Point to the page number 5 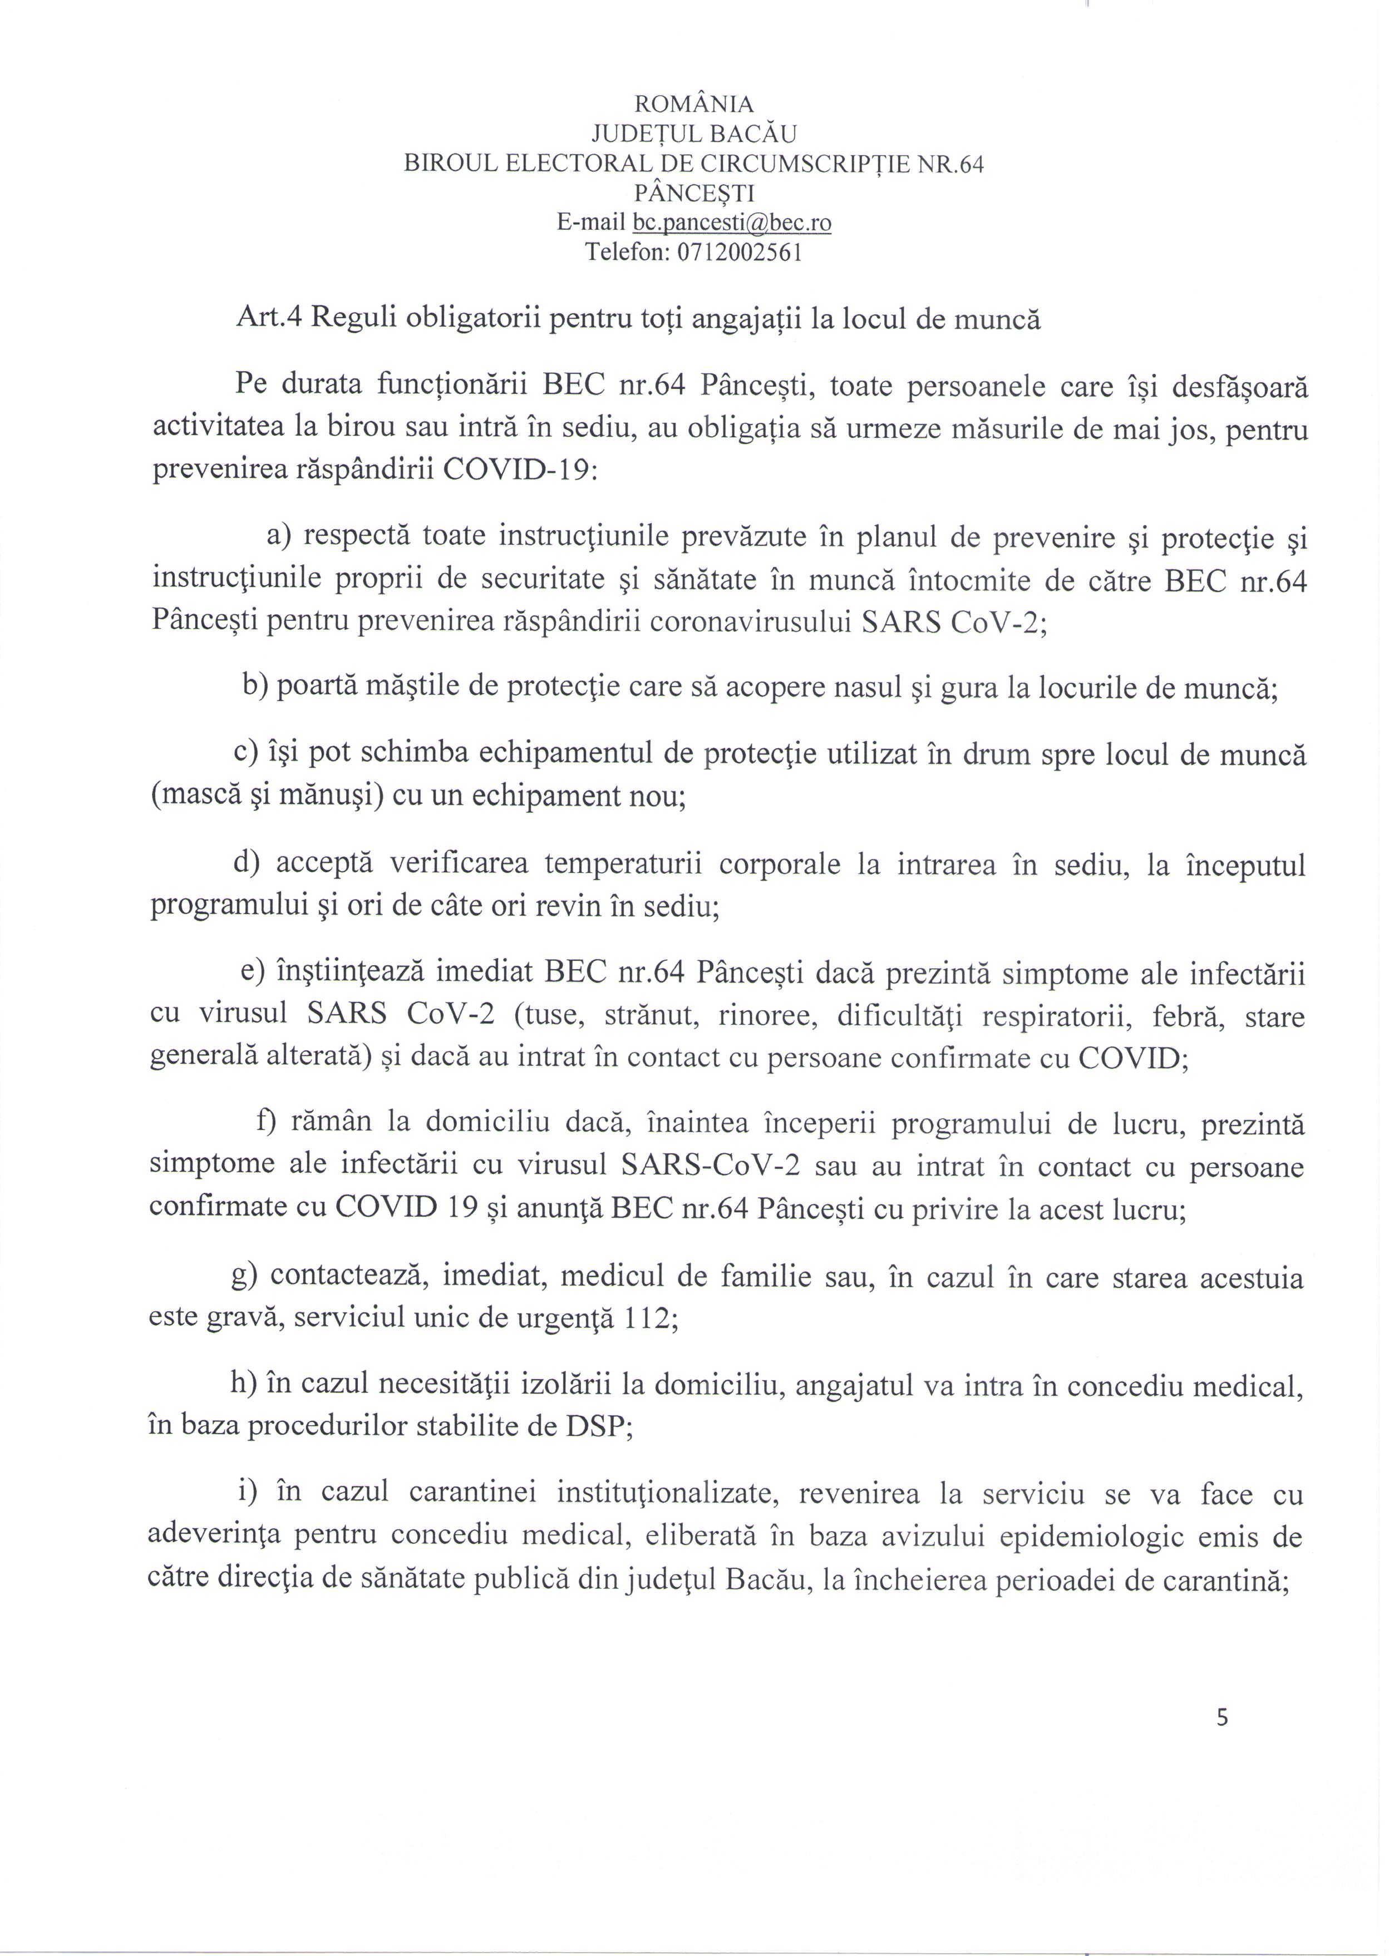pyautogui.click(x=1221, y=1717)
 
